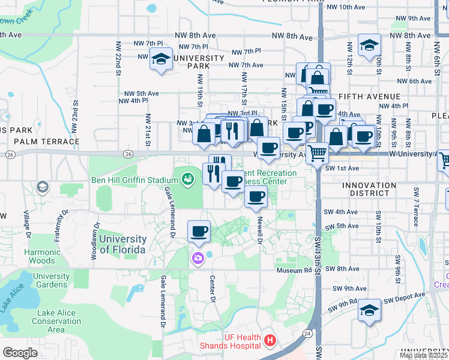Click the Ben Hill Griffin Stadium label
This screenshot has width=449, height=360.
[133, 179]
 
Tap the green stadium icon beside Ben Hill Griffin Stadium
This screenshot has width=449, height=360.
[188, 178]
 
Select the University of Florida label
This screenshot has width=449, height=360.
[122, 244]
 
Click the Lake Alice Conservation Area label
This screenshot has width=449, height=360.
[56, 321]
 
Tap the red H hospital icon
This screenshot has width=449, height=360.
[270, 341]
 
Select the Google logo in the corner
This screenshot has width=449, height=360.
[20, 352]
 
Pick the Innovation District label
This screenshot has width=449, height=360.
[375, 189]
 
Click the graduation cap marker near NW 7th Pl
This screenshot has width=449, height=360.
[160, 59]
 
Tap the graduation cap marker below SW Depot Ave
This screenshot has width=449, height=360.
[369, 311]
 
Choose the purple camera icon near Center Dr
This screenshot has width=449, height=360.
[197, 258]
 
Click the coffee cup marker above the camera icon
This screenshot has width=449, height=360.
[199, 231]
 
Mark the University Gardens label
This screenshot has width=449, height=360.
[51, 280]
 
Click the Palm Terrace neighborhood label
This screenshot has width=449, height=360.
[38, 141]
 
